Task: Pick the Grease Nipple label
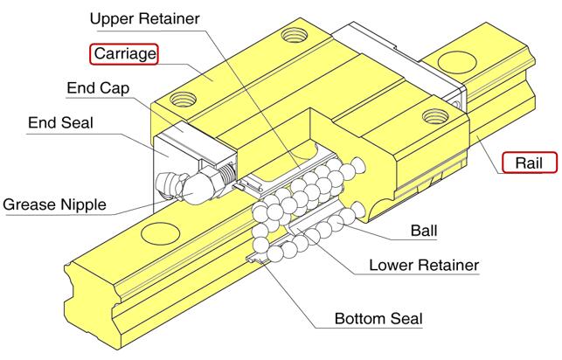tap(55, 205)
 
